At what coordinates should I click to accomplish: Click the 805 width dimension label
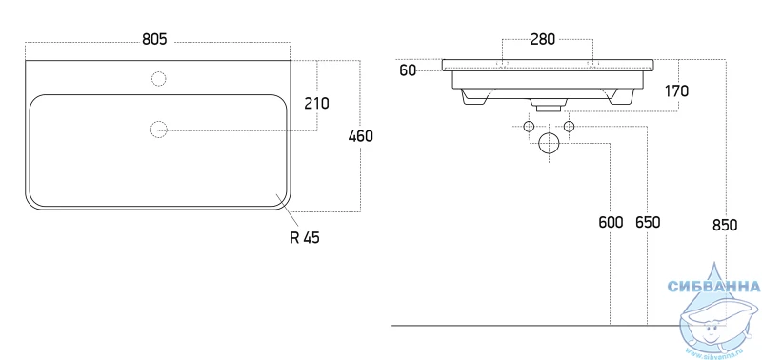(x=154, y=39)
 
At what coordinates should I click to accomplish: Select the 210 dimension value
(x=316, y=103)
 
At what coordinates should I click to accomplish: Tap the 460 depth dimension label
(x=361, y=136)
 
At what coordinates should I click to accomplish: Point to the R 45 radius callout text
(x=305, y=237)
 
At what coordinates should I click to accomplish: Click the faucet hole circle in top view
(x=159, y=79)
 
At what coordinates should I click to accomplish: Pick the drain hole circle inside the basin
(x=159, y=130)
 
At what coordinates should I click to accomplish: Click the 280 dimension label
(x=542, y=39)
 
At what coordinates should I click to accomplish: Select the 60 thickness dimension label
(x=409, y=70)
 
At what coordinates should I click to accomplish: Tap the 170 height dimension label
(x=676, y=90)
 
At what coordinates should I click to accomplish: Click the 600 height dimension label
(x=611, y=223)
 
